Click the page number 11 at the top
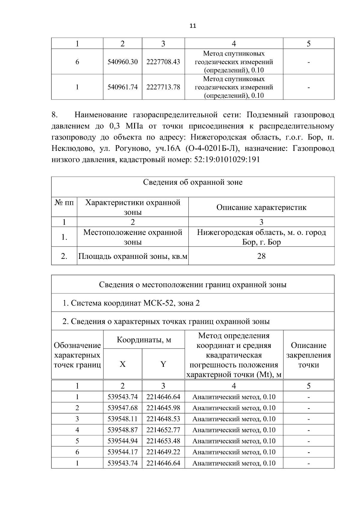[x=193, y=26]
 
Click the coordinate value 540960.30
[x=122, y=62]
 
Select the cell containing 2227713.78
[x=163, y=87]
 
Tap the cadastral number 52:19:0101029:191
[x=227, y=160]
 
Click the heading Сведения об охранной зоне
[x=193, y=182]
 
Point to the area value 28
[x=261, y=256]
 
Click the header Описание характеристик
[x=261, y=207]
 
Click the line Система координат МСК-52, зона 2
[x=131, y=303]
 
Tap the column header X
[x=122, y=364]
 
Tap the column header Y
[x=163, y=364]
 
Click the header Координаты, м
[x=144, y=340]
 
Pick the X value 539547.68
[x=122, y=408]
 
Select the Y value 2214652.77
[x=163, y=430]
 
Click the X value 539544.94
[x=122, y=441]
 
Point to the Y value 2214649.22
[x=163, y=452]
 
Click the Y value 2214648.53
[x=163, y=419]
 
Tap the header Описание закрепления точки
[x=308, y=355]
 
